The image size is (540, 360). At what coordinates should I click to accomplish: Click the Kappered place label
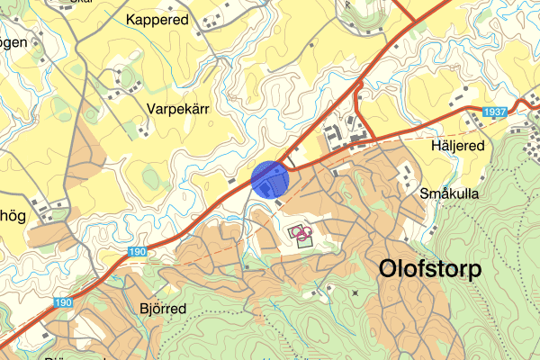point(157,19)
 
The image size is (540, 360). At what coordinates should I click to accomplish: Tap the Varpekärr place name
point(177,108)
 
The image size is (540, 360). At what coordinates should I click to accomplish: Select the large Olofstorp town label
point(430,268)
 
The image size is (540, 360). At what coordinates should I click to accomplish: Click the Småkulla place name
point(449,193)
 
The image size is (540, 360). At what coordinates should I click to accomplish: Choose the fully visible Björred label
point(163,309)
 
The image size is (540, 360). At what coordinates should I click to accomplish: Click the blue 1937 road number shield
point(493,112)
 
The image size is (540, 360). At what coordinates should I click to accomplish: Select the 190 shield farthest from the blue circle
point(61,303)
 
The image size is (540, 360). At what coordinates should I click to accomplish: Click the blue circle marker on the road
point(269,178)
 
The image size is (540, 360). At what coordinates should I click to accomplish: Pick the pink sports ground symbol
point(302,235)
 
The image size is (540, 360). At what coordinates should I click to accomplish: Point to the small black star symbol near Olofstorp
point(356,293)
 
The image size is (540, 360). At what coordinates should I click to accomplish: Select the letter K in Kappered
point(132,19)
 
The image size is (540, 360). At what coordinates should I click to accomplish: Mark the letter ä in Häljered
point(440,146)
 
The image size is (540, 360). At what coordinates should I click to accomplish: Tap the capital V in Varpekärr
point(150,108)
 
